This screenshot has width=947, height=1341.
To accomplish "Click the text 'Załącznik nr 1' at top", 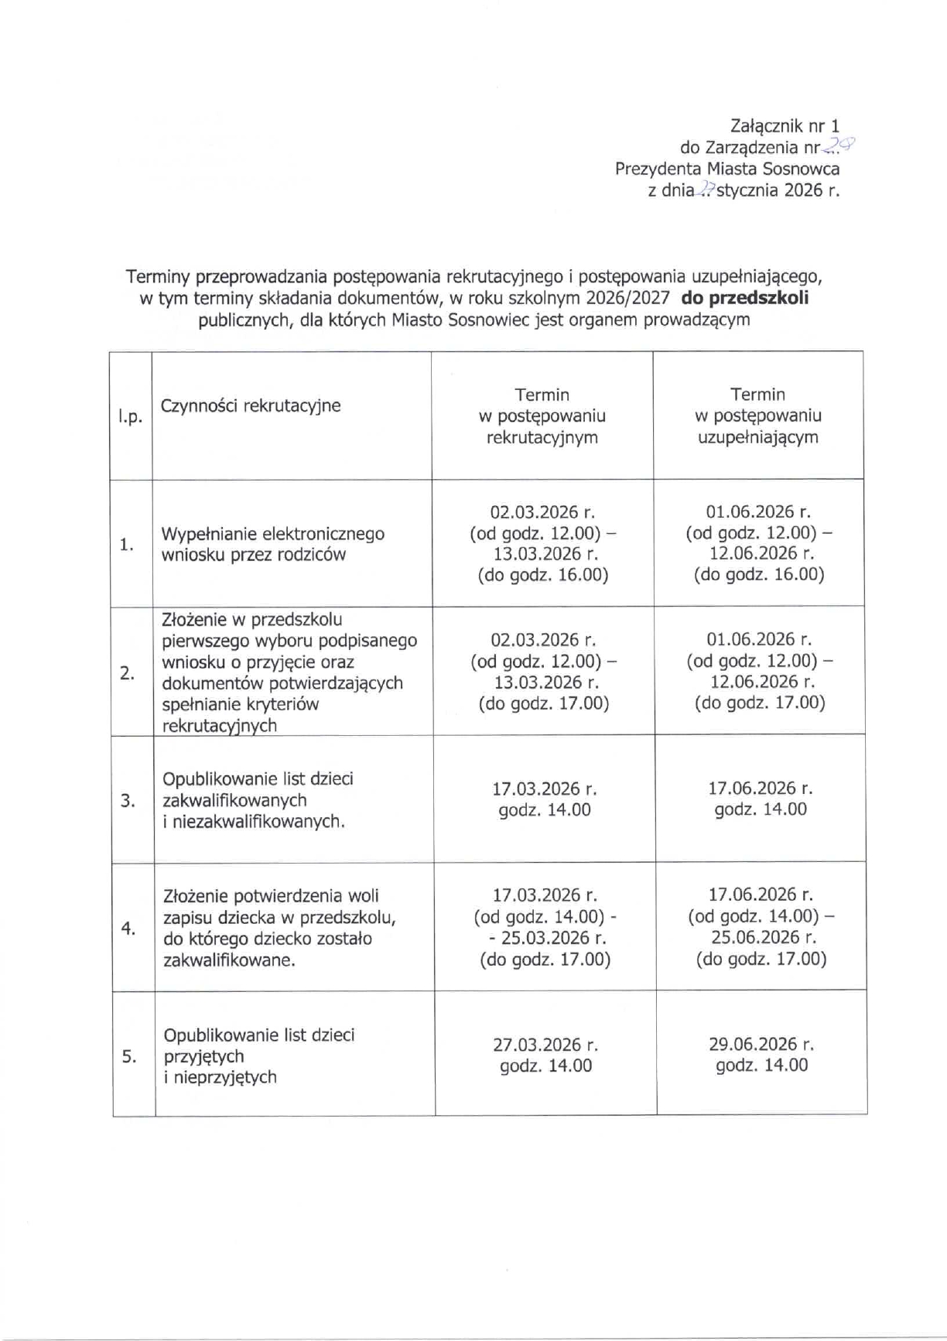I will [785, 126].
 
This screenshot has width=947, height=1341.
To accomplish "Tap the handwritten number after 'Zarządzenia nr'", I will [840, 145].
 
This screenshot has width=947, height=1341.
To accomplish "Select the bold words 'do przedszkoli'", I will [744, 298].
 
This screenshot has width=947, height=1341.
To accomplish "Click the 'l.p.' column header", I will [130, 417].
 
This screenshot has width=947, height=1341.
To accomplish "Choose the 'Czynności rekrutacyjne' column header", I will [251, 405].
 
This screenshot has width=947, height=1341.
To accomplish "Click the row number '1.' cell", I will [127, 545].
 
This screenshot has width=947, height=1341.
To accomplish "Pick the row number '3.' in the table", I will [128, 800].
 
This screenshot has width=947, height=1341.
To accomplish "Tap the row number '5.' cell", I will [130, 1056].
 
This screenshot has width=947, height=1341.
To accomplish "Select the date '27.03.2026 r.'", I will [545, 1045].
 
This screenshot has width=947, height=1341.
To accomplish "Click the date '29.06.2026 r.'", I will [761, 1044].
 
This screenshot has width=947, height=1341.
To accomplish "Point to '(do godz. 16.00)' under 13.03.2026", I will [543, 575].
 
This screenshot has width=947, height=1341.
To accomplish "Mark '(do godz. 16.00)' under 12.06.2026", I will [759, 574].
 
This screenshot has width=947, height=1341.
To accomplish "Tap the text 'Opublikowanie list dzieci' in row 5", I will [258, 1035].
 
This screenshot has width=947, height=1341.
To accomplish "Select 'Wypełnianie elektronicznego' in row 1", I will [272, 534].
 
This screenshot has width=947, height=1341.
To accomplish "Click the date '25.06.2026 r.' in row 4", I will [761, 937].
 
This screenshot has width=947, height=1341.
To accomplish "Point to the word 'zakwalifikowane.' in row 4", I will [229, 960].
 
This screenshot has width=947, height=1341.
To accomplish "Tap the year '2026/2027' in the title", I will [627, 298].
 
